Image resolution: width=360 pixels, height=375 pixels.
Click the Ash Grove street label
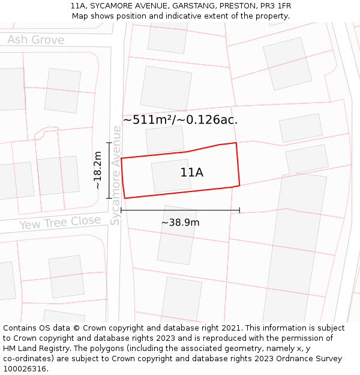click(35, 40)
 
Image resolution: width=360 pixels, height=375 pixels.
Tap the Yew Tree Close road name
click(60, 223)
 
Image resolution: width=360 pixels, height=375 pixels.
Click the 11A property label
click(191, 173)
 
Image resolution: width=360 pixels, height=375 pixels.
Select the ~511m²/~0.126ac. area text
click(180, 119)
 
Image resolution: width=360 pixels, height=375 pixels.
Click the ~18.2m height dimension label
click(98, 170)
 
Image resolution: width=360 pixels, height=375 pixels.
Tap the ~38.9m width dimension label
click(180, 222)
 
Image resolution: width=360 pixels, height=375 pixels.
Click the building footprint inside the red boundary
click(170, 175)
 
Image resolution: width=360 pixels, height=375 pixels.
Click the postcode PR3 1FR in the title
click(275, 6)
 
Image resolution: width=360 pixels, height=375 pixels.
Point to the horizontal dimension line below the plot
click(180, 210)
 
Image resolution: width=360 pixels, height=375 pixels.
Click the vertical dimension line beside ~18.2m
click(109, 170)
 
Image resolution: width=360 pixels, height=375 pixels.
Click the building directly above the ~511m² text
click(166, 88)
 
